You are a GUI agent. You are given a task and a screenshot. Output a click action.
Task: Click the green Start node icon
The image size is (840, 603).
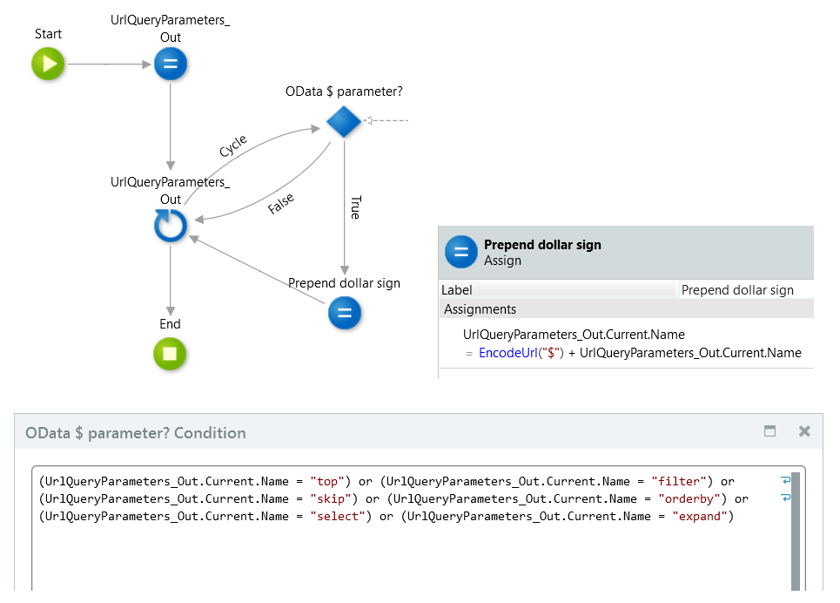coord(49,64)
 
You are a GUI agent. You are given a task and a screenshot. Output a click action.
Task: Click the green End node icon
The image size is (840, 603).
coord(171,354)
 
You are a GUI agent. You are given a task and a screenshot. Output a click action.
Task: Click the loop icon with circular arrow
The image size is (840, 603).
coord(171,227)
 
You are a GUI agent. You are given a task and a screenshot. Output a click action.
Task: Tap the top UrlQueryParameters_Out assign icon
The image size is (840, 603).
coord(171,64)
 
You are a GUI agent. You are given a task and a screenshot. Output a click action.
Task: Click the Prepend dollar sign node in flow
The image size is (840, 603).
coord(344,313)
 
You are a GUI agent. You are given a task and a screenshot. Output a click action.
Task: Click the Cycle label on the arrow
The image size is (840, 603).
coord(232,146)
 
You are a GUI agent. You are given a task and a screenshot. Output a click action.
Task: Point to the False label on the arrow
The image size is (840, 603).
coord(280,205)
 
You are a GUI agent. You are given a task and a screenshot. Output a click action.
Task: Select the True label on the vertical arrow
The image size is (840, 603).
coord(355,207)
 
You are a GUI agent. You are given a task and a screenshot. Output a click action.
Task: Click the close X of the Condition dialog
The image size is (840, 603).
coord(804,431)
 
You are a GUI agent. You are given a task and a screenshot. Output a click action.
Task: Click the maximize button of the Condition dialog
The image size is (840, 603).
coord(769,431)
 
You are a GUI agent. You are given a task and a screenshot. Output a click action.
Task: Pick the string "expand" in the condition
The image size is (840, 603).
coord(702,516)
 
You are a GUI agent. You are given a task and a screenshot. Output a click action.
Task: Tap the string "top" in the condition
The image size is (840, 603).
coord(328,481)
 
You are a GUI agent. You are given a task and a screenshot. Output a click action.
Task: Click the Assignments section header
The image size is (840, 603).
coord(480,309)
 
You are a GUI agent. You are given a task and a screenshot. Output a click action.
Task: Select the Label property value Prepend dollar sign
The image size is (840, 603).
coord(737,290)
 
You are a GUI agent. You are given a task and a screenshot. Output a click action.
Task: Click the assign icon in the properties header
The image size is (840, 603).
coord(461,252)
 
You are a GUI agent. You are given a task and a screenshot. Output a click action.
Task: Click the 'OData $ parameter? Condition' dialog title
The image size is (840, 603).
coord(136,433)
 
